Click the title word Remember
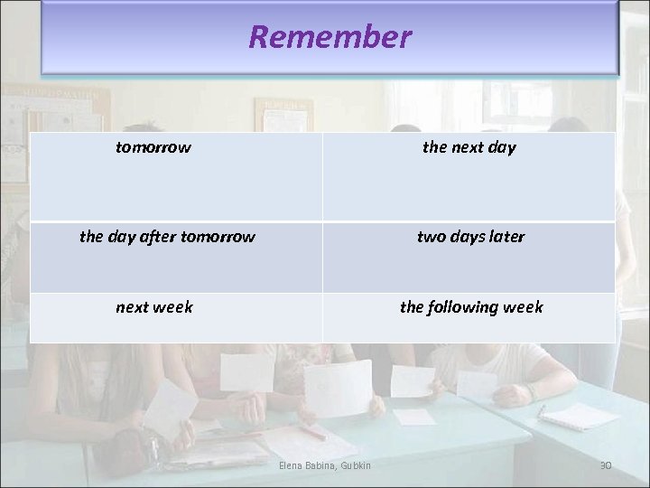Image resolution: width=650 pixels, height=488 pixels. point(330,37)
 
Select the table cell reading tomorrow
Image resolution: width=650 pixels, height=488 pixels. point(153,147)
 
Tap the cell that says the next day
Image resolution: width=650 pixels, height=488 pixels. point(469,147)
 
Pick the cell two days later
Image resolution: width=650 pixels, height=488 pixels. point(470,237)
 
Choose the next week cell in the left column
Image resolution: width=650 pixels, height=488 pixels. point(154,307)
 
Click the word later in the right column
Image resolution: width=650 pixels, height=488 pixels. point(505,237)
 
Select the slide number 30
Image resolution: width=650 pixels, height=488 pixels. point(606,465)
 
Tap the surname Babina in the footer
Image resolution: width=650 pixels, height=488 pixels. point(323,465)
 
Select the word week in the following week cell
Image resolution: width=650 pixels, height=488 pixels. point(524,307)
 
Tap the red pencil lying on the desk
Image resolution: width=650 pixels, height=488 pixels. point(311,432)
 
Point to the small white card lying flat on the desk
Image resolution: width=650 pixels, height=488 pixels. point(414,417)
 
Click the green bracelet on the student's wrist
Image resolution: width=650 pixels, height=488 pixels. point(532,391)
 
